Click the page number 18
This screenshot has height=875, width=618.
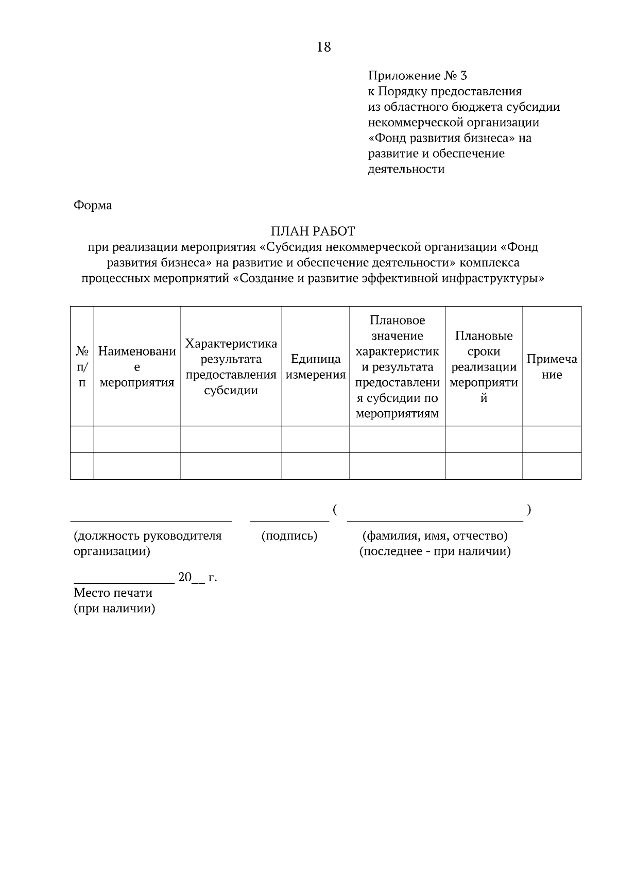[324, 47]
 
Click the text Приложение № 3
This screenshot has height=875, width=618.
[417, 76]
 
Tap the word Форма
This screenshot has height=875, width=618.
[93, 206]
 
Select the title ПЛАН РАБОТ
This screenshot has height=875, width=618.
[313, 231]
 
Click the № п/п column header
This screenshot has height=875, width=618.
[82, 367]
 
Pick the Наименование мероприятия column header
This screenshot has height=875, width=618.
[137, 367]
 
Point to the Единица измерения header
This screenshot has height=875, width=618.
[316, 367]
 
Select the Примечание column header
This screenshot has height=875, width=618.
[552, 367]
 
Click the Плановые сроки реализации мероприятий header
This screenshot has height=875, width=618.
[484, 367]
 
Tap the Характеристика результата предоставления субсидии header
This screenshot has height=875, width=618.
[231, 367]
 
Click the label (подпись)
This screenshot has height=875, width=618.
[289, 536]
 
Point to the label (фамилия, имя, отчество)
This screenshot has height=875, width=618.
[435, 536]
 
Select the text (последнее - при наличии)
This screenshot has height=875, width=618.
[435, 552]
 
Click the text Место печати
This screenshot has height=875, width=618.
[113, 593]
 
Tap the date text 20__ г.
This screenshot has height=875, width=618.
[197, 578]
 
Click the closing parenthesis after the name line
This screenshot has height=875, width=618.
[529, 510]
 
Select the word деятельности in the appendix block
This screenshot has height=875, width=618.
[406, 169]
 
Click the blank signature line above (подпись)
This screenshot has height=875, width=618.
[289, 520]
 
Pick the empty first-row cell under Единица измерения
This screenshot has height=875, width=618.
[316, 439]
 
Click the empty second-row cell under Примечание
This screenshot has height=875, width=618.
[552, 466]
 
